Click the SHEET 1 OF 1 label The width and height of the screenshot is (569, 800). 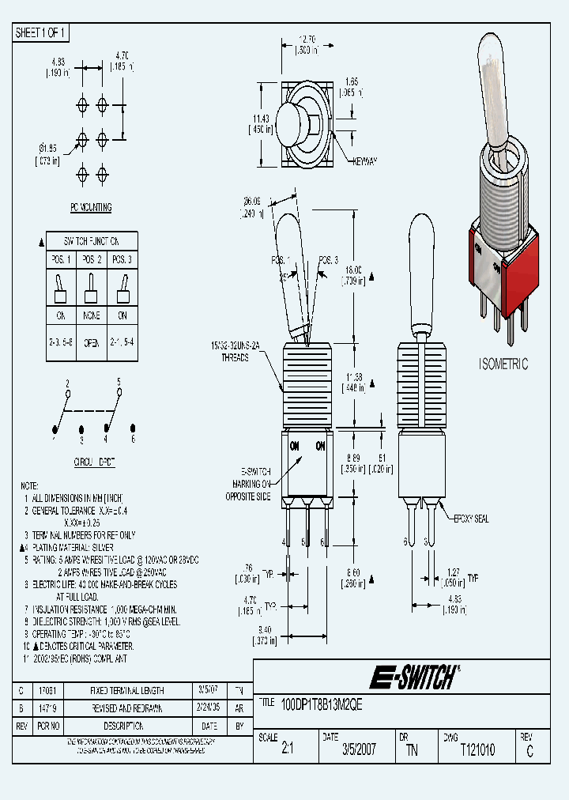click(x=42, y=33)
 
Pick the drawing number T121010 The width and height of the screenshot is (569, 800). click(x=477, y=750)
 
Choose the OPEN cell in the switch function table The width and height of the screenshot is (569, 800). click(x=93, y=343)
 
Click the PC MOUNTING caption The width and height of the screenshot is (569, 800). click(x=91, y=208)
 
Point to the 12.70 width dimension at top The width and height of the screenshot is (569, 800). click(x=307, y=37)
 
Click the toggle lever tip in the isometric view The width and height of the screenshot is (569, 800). click(x=492, y=51)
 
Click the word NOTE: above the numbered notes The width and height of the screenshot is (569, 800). click(x=29, y=485)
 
